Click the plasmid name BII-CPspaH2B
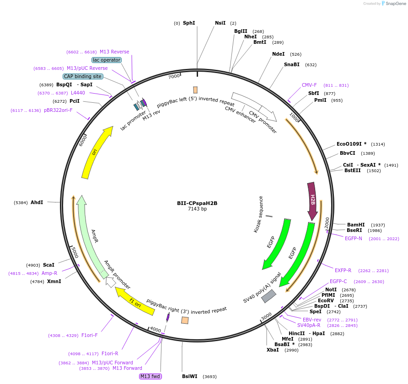(197, 203)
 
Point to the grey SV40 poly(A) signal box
(268, 296)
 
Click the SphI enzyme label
(189, 23)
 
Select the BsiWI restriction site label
(190, 376)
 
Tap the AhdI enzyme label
(37, 202)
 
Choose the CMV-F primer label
(309, 85)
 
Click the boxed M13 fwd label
(151, 376)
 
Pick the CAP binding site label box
(83, 76)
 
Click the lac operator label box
(107, 60)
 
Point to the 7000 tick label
(174, 77)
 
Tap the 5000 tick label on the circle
(74, 252)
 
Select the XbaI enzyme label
(273, 350)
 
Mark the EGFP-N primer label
(353, 238)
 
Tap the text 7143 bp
(197, 209)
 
